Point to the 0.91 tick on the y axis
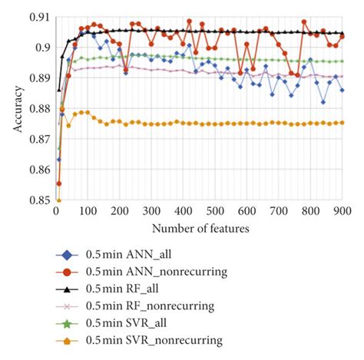point(37,17)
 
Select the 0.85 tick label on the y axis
point(37,200)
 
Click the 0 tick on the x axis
point(55,212)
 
